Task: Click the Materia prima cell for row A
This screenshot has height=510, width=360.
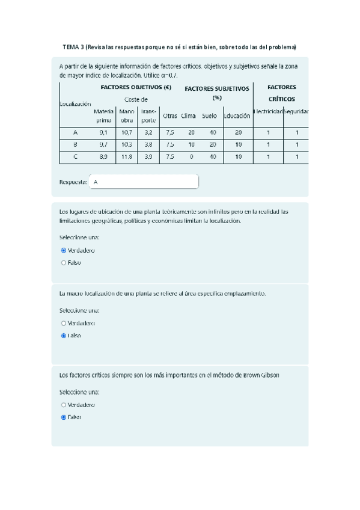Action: [x=103, y=132]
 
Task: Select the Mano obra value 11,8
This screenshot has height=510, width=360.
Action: [x=126, y=157]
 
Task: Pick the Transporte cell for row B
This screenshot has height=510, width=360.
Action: [x=148, y=145]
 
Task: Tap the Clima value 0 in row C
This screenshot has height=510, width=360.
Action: [x=191, y=157]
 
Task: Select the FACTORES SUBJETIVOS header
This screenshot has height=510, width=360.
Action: [x=216, y=89]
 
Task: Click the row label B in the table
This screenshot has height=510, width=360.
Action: [x=75, y=145]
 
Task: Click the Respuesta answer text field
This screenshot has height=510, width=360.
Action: [x=144, y=182]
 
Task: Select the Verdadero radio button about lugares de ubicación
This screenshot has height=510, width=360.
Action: [x=64, y=250]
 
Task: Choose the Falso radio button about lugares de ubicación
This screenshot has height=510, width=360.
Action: [x=64, y=262]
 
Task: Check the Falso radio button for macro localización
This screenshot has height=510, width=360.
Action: [x=64, y=336]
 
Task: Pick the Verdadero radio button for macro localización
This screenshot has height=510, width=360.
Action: [x=64, y=323]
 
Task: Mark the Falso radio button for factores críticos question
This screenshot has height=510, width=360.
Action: [x=64, y=416]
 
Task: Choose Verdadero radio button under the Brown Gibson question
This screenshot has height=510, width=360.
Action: [x=64, y=405]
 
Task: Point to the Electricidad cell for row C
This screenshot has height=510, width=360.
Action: [x=268, y=157]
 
